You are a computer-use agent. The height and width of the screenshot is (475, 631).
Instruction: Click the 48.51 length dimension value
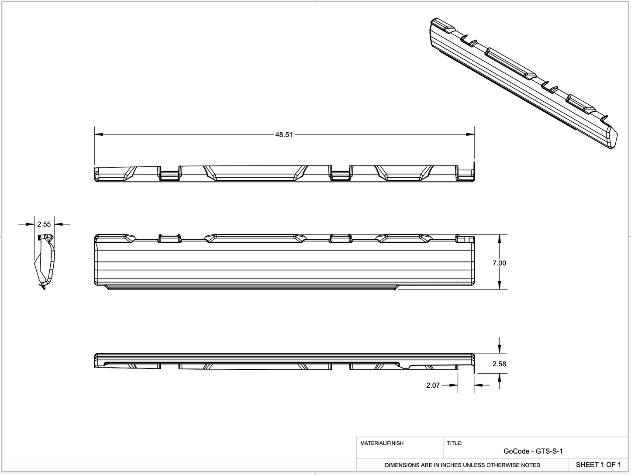coord(283,135)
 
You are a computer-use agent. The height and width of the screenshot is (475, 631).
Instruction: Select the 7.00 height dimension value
coord(499,263)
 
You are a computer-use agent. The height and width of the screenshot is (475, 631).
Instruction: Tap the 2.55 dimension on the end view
coord(44,224)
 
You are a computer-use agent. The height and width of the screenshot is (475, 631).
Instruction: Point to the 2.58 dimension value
coord(499,364)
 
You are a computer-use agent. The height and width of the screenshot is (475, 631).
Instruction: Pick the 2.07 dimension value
coord(433,385)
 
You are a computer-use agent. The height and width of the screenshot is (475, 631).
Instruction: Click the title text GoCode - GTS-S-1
coord(536,451)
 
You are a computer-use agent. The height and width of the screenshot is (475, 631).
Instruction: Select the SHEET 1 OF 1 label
coord(598,465)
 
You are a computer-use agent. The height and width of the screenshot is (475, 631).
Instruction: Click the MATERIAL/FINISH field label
coord(382,443)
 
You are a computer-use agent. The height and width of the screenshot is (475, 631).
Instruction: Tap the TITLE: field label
coord(455,443)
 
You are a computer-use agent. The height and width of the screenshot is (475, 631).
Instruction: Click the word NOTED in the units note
coord(530,465)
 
